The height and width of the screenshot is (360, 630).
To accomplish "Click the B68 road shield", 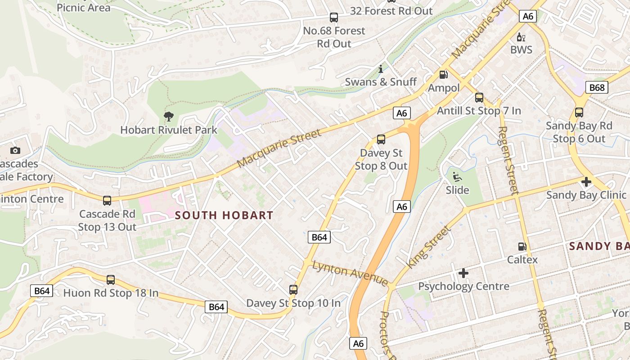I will pyautogui.click(x=597, y=87).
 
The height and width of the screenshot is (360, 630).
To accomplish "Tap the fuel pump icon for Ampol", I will pyautogui.click(x=443, y=75).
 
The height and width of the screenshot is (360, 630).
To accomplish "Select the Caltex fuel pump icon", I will pyautogui.click(x=522, y=246).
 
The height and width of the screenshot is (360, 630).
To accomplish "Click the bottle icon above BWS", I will pyautogui.click(x=521, y=37).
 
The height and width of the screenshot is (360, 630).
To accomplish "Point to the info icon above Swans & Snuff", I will pyautogui.click(x=381, y=69).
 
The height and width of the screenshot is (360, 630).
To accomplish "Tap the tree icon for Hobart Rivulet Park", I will pyautogui.click(x=169, y=117).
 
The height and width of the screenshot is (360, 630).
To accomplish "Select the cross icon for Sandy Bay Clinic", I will pyautogui.click(x=586, y=182).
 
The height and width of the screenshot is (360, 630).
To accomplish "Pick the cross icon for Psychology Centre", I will pyautogui.click(x=463, y=273).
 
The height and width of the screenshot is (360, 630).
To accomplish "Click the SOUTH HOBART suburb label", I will pyautogui.click(x=224, y=215).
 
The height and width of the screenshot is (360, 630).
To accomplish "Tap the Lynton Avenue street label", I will pyautogui.click(x=350, y=273).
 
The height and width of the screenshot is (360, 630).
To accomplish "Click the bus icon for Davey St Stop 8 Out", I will pyautogui.click(x=381, y=139).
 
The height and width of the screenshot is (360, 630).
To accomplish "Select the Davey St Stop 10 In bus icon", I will pyautogui.click(x=293, y=290).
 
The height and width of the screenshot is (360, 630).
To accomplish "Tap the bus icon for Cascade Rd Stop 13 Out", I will pyautogui.click(x=107, y=201).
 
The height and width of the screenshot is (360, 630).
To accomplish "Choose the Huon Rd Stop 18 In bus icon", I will pyautogui.click(x=111, y=280).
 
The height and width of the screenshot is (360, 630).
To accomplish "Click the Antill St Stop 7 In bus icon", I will pyautogui.click(x=479, y=98).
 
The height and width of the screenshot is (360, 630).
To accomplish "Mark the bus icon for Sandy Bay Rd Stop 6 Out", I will pyautogui.click(x=579, y=112).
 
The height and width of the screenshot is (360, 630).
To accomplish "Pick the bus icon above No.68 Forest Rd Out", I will pyautogui.click(x=333, y=18).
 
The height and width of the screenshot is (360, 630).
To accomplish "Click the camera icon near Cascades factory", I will pyautogui.click(x=15, y=151).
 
